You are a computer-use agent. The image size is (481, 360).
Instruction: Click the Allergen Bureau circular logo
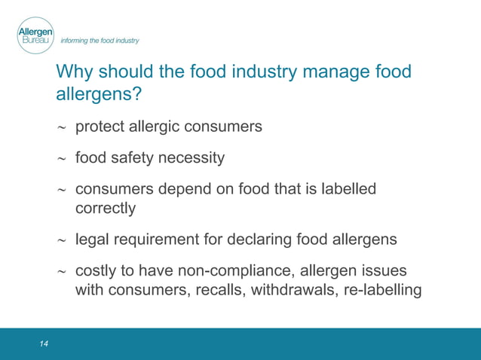click(x=35, y=35)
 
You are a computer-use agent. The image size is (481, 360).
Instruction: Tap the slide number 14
click(x=44, y=344)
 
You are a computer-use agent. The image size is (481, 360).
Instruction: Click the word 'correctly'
click(x=106, y=207)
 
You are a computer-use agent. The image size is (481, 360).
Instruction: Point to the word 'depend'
click(x=185, y=189)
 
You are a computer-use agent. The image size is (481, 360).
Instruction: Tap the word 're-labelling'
click(x=381, y=288)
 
